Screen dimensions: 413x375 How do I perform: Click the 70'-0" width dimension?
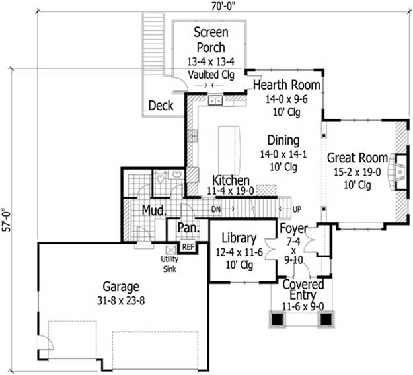[x=223, y=7]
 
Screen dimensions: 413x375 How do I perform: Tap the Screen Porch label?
[x=211, y=40]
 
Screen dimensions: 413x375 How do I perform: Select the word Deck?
[x=161, y=106]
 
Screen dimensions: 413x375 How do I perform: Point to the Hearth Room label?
[x=287, y=85]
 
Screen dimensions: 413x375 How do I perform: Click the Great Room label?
[x=357, y=158]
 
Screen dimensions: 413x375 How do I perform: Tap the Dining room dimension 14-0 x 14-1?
[x=283, y=154]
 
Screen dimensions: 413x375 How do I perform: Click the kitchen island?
[x=229, y=151]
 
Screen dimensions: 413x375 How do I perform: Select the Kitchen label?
[x=231, y=180]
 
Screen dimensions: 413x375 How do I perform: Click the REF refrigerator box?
[x=188, y=246]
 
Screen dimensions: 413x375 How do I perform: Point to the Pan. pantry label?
[x=188, y=228]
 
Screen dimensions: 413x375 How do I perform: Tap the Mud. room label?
[x=154, y=211]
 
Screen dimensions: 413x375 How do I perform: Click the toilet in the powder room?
[x=161, y=178]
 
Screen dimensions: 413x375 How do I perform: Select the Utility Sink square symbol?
[x=170, y=250]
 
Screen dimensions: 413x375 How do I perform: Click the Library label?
[x=239, y=238]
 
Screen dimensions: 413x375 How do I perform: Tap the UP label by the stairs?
[x=297, y=209]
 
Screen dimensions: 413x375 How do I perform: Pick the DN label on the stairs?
[x=216, y=209]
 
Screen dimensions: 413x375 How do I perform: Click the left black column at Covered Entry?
[x=277, y=319]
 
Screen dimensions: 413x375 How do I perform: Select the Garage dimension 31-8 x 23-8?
[x=121, y=300]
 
